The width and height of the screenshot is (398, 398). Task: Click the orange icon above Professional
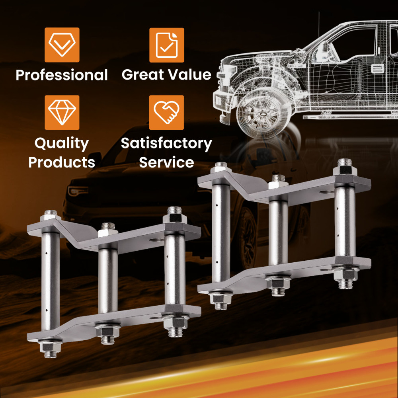62,45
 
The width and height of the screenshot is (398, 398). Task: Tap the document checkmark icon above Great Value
166,45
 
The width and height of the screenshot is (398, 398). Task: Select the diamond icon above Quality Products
62,113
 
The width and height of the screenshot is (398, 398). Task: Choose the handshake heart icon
166,113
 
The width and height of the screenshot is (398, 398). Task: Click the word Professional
62,75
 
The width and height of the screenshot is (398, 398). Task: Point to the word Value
189,74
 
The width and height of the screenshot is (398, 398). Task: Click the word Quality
62,143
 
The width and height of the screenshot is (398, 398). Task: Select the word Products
62,162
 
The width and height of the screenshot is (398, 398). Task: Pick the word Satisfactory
166,143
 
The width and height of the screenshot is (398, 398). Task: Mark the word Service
166,162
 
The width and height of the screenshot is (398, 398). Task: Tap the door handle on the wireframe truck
377,68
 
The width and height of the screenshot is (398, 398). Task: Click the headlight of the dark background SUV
78,190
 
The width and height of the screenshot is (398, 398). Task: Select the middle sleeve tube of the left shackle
108,281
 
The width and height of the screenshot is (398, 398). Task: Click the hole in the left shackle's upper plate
156,240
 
